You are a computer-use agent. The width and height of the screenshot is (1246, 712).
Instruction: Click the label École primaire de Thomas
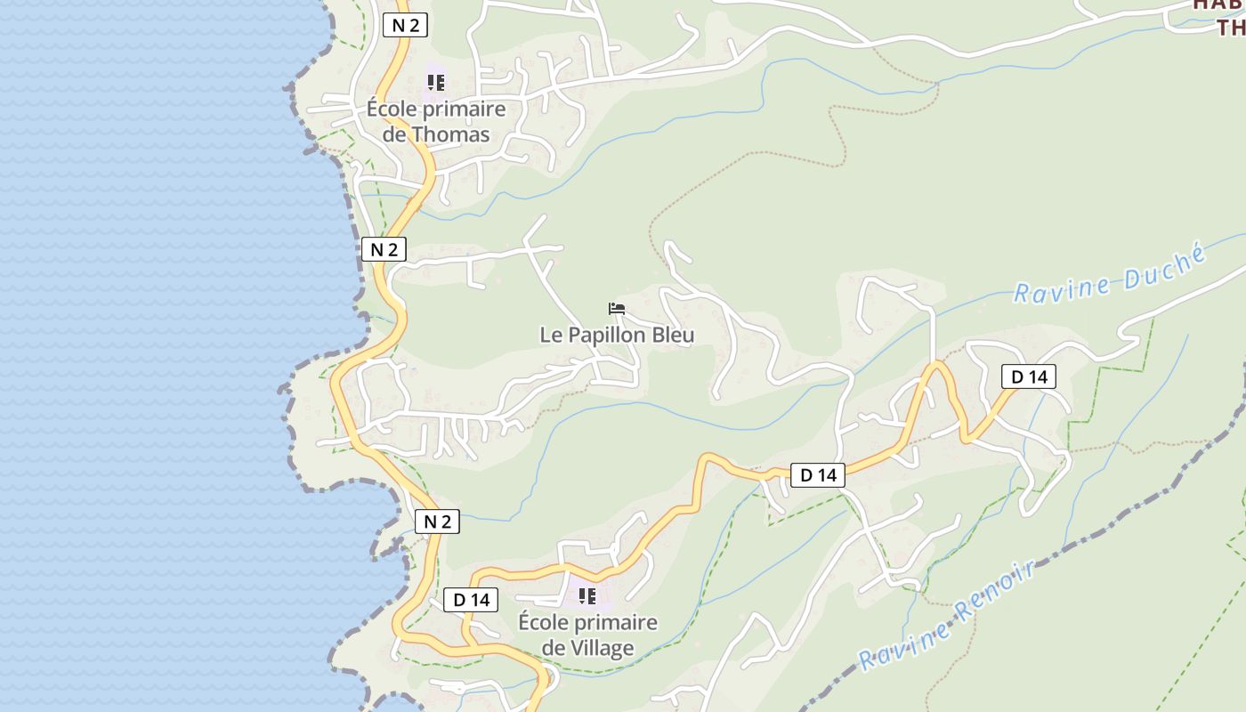[x=436, y=122]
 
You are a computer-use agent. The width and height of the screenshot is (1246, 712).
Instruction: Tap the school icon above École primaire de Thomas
[x=435, y=83]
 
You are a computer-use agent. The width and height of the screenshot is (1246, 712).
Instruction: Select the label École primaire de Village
[x=587, y=635]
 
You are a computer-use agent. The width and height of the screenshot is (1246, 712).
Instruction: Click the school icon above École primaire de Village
[x=587, y=595]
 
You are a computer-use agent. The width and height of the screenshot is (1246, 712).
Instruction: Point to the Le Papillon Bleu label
[x=617, y=336]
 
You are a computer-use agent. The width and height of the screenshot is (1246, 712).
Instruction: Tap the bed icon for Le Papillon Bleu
[x=617, y=309]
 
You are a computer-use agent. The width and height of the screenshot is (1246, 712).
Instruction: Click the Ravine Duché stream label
[x=1109, y=276]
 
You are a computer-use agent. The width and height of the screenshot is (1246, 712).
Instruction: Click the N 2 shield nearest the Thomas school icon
[x=405, y=25]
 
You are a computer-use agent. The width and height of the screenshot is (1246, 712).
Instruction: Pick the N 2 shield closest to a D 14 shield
[x=437, y=522]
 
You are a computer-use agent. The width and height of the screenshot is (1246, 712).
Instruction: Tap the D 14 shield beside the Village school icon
[x=472, y=600]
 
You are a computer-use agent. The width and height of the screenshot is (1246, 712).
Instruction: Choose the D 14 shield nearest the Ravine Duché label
[x=1029, y=376]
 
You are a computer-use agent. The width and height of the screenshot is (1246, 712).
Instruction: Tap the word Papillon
[x=606, y=336]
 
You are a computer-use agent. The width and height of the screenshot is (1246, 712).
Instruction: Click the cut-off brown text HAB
[x=1218, y=4]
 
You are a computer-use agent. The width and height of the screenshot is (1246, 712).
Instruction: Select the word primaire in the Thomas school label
[x=466, y=109]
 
